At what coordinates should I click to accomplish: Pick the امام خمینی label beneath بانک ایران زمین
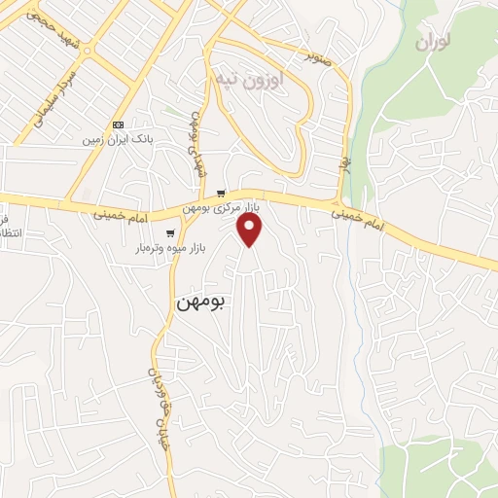pos(123,213)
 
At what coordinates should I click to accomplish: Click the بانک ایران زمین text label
pos(118,139)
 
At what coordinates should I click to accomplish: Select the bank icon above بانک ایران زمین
pos(119,124)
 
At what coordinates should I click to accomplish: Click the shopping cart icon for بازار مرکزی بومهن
pos(223,195)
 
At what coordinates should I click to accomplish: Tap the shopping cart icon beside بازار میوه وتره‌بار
pos(171,232)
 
